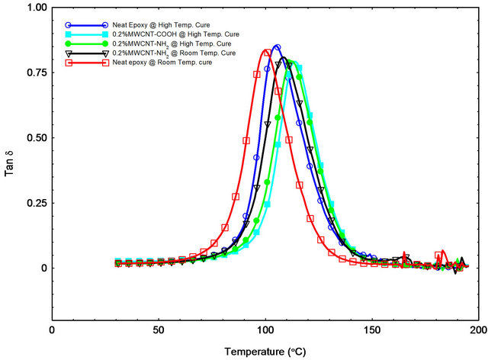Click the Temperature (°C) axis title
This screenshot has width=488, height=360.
point(265,352)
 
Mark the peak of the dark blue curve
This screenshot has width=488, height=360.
point(277,46)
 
